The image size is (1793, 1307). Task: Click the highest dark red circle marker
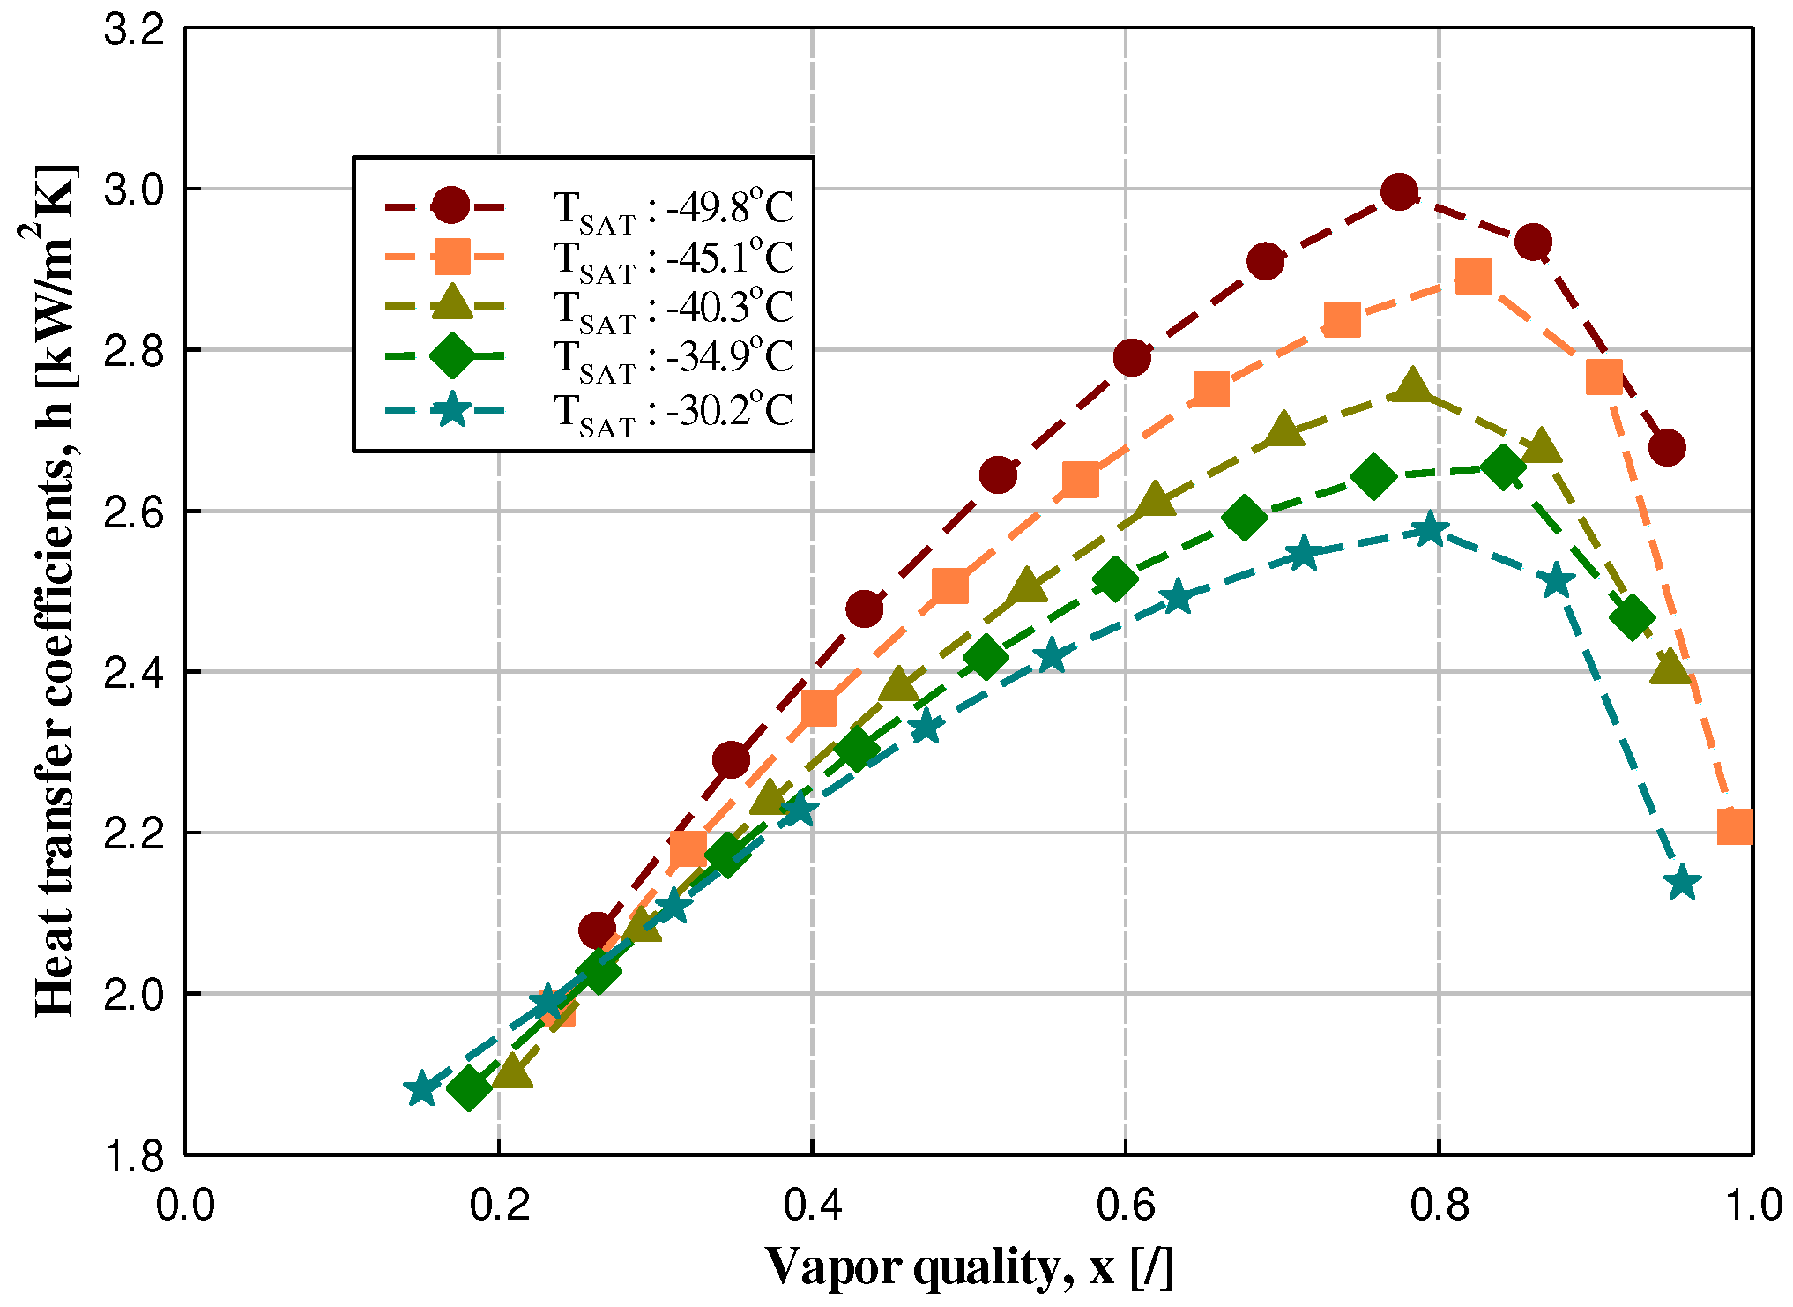click(x=1399, y=191)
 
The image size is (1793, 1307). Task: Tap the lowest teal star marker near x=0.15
click(x=422, y=1089)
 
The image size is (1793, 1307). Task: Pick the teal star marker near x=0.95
click(x=1683, y=882)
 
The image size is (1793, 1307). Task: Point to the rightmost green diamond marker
click(x=1632, y=616)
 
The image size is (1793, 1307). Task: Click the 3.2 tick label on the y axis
click(x=134, y=30)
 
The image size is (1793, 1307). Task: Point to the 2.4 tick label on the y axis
click(x=134, y=673)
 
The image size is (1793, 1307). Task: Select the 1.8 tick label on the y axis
click(x=134, y=1156)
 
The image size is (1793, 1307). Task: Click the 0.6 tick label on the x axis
click(x=1126, y=1206)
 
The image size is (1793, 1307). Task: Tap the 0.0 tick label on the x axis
click(x=185, y=1206)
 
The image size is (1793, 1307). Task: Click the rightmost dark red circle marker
click(x=1667, y=447)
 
